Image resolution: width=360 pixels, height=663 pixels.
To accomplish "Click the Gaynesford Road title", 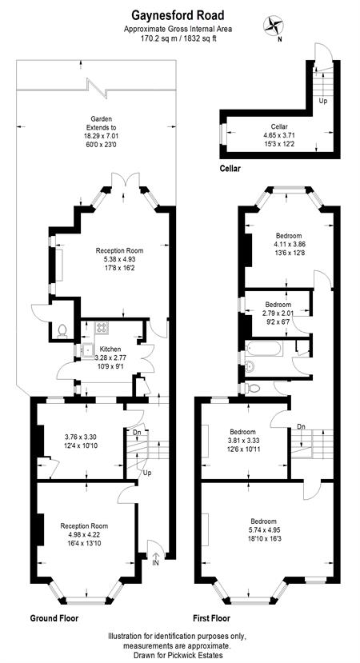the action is [x=178, y=16].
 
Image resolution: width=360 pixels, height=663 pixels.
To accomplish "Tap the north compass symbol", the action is [x=274, y=26].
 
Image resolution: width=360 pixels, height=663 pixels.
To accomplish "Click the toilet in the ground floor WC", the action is [x=62, y=330].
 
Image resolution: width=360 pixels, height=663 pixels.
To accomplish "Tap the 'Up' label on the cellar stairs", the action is [x=322, y=101].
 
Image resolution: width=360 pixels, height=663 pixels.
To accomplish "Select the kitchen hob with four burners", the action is [x=102, y=328].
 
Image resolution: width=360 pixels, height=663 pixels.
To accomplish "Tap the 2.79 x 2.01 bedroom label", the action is [x=278, y=312].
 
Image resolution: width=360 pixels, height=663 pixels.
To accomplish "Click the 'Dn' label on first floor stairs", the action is [x=301, y=426].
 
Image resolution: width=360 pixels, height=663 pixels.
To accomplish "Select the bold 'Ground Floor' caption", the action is [x=54, y=618].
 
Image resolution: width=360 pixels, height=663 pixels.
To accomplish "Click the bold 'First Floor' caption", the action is [x=211, y=618].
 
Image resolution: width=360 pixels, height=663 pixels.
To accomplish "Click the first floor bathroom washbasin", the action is [x=250, y=367].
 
